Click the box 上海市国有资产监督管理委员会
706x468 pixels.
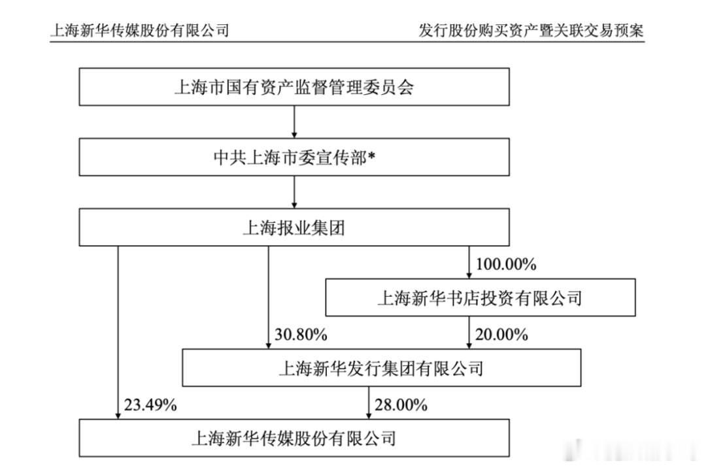coord(294,87)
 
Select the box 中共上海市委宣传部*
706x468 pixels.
coord(294,157)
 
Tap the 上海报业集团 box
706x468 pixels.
coord(294,227)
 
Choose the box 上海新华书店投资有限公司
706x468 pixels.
coord(480,297)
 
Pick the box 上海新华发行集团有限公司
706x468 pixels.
coord(381,367)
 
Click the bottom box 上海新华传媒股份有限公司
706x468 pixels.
coord(294,438)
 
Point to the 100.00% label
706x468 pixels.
coord(506,264)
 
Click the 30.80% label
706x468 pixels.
coord(301,335)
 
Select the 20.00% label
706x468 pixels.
coord(501,335)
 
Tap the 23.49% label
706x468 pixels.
coord(150,405)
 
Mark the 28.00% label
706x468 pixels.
coord(401,405)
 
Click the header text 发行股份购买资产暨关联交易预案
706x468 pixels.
coord(531,31)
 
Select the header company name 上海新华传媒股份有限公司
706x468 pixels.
coord(140,31)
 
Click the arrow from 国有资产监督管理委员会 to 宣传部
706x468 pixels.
coord(294,122)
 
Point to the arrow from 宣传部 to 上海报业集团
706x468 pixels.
coord(294,192)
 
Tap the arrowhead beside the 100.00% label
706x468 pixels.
coord(469,275)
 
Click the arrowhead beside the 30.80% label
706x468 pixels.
coord(269,345)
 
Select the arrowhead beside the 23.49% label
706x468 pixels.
coord(118,415)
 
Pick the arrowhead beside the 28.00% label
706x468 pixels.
coord(369,415)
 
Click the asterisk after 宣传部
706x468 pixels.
coord(371,154)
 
